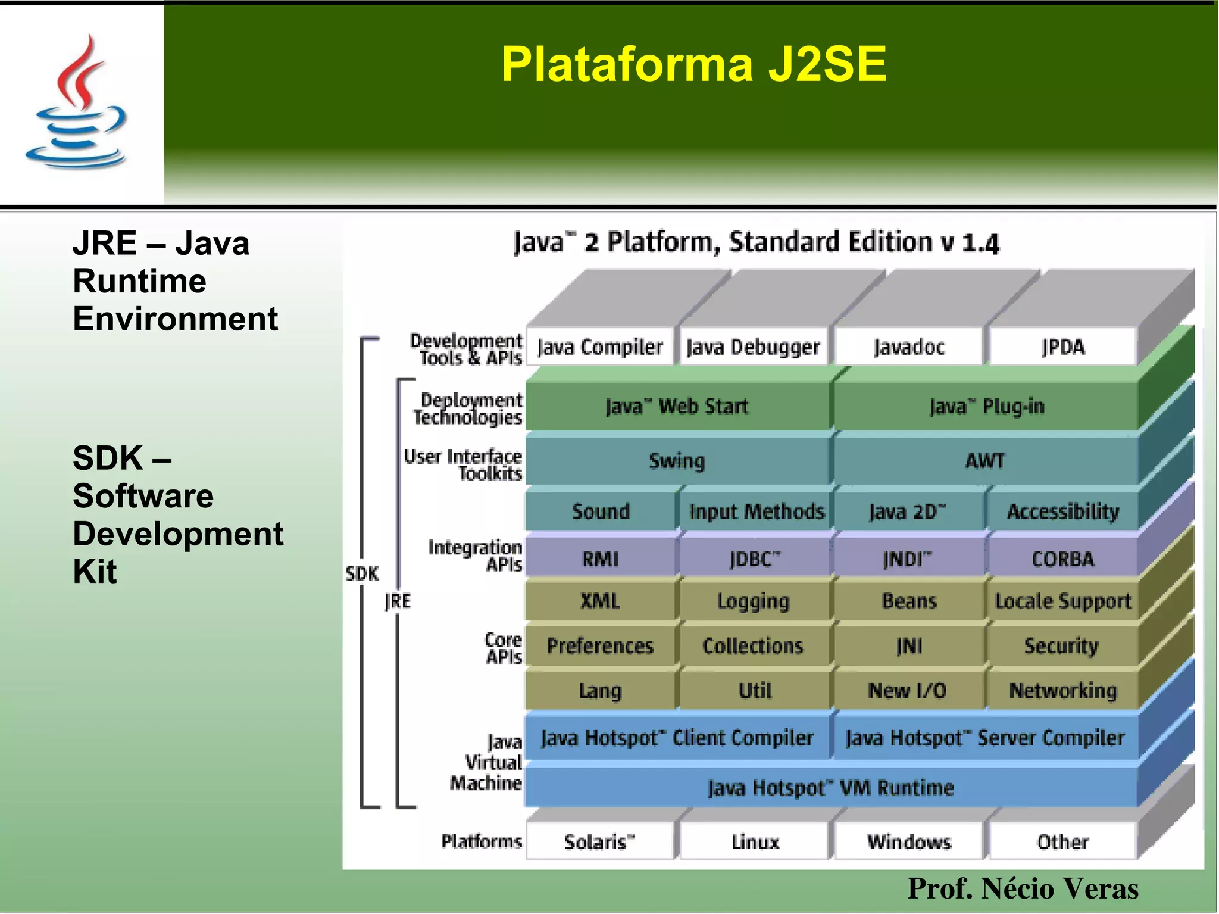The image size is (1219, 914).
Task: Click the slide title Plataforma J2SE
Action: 693,64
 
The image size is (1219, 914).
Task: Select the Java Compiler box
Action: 600,347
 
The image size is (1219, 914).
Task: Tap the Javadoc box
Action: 909,347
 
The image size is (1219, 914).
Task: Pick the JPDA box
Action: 1063,347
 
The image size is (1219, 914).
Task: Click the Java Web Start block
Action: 677,407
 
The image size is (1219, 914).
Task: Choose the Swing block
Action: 677,461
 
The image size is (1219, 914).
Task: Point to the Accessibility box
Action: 1063,511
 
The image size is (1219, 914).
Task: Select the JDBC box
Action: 754,559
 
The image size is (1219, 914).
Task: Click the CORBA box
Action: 1063,559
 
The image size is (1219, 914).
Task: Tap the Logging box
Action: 754,601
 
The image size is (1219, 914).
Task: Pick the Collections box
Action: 754,646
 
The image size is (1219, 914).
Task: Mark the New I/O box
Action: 908,691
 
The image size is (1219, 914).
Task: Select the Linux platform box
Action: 755,842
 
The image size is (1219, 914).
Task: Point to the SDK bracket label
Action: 362,574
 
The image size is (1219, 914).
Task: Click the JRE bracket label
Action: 398,601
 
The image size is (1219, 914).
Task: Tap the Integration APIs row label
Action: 476,556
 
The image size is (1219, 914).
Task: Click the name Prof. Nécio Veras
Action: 1023,888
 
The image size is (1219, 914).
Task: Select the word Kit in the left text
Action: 95,572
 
